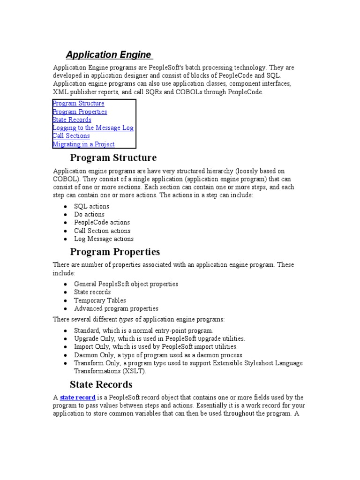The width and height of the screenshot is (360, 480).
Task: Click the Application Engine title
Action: click(108, 54)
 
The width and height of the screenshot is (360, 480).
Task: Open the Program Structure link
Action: click(79, 104)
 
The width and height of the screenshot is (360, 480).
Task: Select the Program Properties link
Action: click(80, 112)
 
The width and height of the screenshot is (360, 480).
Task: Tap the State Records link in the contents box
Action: click(72, 120)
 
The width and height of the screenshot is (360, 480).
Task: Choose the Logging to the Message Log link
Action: click(93, 128)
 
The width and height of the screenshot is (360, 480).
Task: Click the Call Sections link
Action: click(71, 136)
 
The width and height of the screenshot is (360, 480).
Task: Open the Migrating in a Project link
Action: click(84, 144)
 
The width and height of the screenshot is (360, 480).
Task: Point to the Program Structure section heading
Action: click(113, 158)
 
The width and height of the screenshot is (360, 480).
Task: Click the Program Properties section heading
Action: click(115, 252)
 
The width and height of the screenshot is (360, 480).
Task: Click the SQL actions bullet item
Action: click(91, 207)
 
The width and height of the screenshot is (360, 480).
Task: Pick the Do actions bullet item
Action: click(89, 215)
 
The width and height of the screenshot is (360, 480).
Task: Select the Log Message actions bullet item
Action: click(104, 239)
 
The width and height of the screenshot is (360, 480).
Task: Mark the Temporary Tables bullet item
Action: click(100, 300)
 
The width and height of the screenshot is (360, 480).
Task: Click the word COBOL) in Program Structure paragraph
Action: click(66, 179)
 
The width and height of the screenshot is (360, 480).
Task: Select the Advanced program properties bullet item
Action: click(116, 309)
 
